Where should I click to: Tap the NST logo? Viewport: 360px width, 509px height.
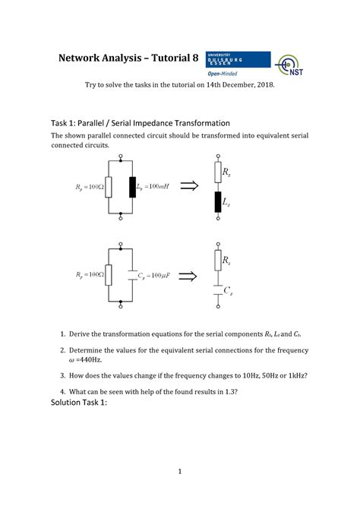293,66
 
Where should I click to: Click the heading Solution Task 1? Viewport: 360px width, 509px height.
79,403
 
